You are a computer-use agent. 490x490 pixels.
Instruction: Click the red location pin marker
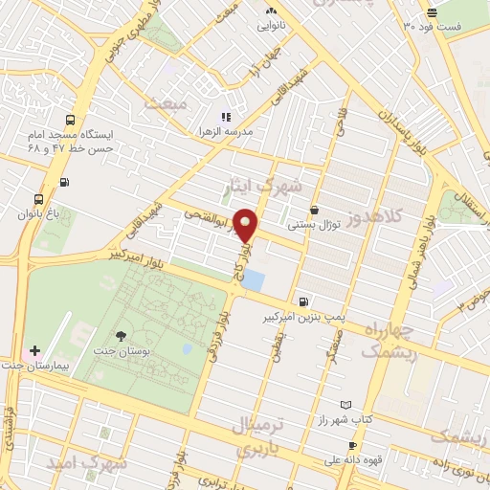click(x=246, y=224)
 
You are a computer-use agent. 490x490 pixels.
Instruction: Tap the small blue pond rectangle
click(x=254, y=280)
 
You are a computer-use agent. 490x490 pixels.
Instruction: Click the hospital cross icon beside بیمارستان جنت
click(x=35, y=351)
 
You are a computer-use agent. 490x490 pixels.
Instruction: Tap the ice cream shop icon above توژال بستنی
click(x=314, y=211)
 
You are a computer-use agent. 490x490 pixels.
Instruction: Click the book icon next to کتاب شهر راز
click(x=345, y=406)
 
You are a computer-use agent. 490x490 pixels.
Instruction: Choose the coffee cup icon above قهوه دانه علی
click(x=352, y=446)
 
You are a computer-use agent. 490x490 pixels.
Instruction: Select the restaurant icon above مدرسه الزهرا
click(x=226, y=117)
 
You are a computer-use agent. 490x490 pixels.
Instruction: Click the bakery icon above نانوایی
click(x=269, y=11)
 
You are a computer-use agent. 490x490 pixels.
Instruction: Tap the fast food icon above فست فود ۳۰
click(x=433, y=11)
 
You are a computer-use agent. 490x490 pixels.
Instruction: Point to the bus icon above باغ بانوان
click(x=38, y=200)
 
